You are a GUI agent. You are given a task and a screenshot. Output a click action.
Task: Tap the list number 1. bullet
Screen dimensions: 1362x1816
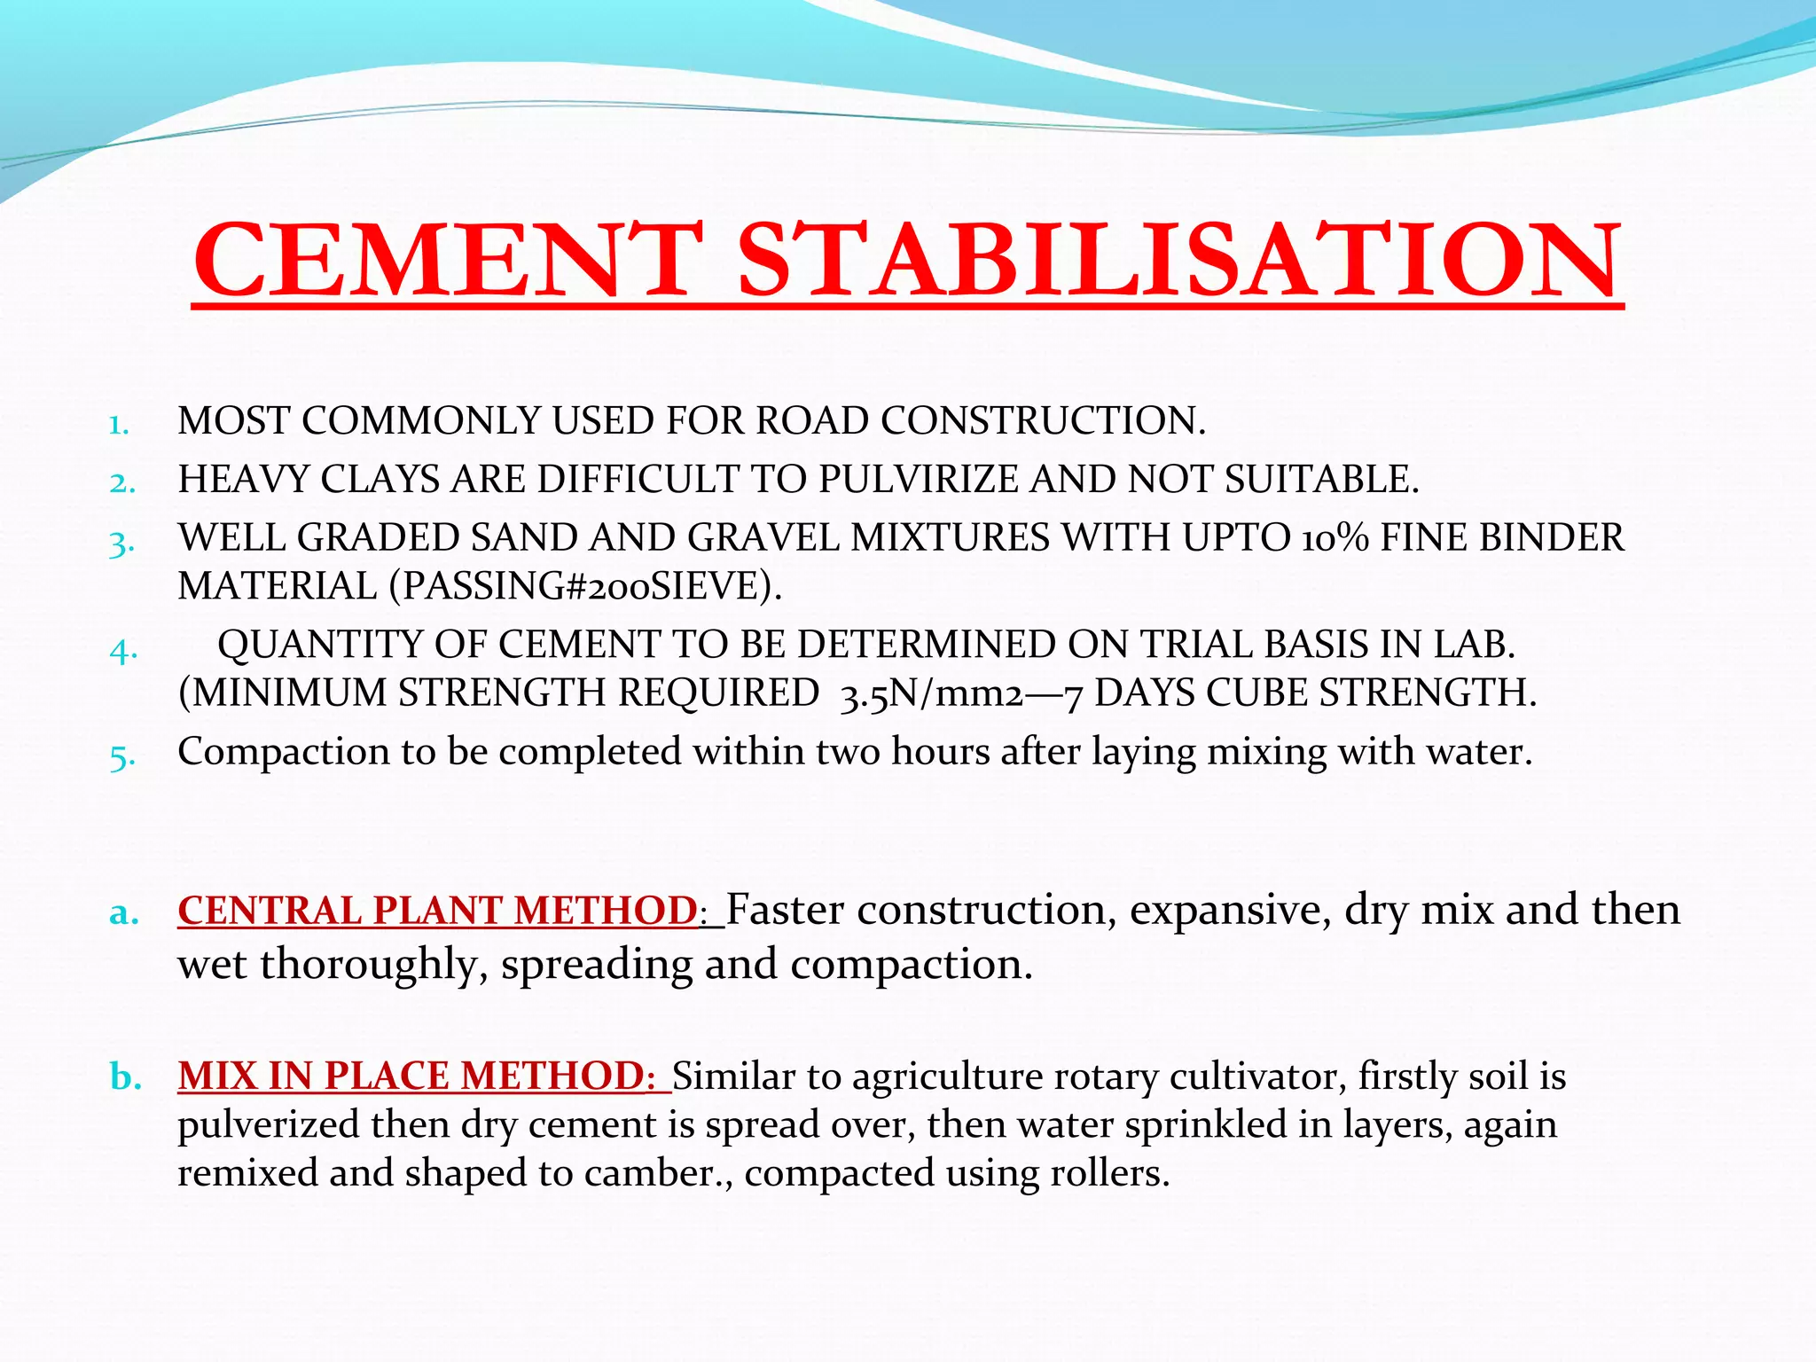click(119, 426)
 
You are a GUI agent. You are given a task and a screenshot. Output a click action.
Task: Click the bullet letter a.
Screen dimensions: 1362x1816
click(124, 912)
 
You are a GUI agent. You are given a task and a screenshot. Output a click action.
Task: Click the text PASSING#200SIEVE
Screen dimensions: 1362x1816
click(586, 586)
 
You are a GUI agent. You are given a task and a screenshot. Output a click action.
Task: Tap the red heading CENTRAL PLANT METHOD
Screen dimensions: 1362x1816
click(438, 911)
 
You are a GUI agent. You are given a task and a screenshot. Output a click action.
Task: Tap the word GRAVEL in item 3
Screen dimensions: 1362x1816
click(763, 538)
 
